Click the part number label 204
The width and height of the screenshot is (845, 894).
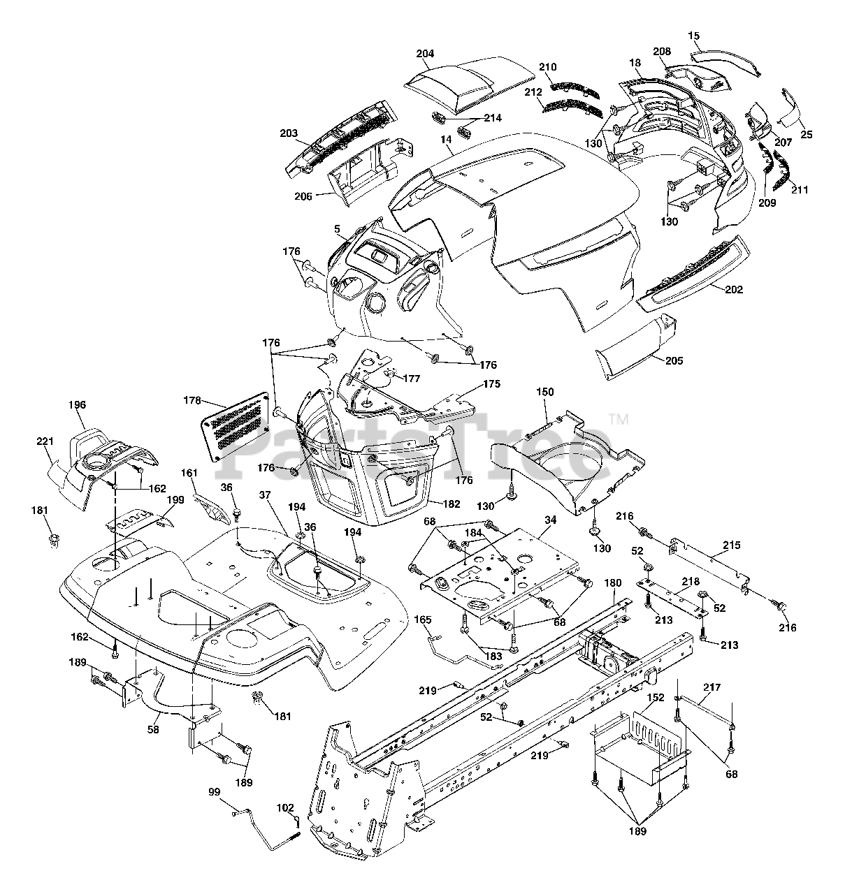point(424,54)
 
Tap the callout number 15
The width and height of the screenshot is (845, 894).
point(693,35)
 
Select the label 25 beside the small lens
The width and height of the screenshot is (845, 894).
point(807,134)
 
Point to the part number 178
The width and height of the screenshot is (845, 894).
point(192,401)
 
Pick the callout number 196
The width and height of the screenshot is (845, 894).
point(77,404)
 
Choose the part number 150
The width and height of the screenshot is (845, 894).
point(545,393)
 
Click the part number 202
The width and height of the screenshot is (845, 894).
point(734,289)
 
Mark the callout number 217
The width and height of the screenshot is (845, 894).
point(712,687)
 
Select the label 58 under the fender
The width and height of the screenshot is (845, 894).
point(153,729)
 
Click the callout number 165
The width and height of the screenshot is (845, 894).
point(424,619)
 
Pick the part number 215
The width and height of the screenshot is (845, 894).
point(732,545)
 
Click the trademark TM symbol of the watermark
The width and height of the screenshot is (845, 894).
point(619,419)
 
